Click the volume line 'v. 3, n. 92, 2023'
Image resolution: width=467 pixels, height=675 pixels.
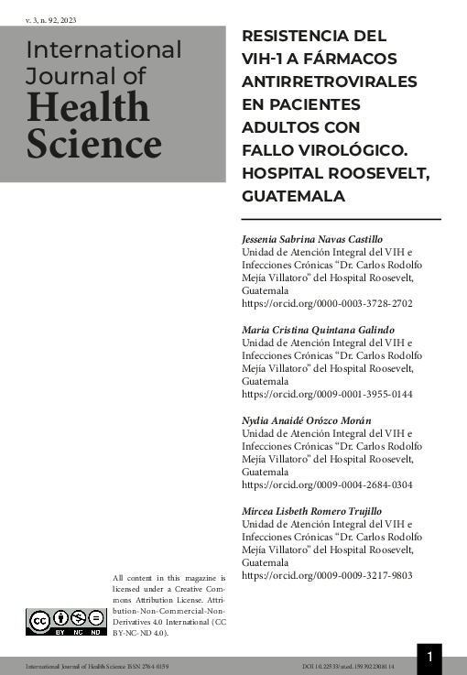[x=51, y=19]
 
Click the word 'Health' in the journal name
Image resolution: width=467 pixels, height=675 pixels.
[x=88, y=109]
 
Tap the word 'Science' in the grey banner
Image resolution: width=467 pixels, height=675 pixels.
[x=93, y=144]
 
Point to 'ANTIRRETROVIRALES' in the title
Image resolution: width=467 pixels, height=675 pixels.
[x=329, y=82]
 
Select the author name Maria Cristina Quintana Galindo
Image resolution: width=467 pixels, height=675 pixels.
[x=317, y=329]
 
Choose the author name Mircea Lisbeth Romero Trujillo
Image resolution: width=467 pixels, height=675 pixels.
[x=311, y=511]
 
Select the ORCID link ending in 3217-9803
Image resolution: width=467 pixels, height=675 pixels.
[x=326, y=575]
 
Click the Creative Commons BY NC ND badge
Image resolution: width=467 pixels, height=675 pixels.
[x=65, y=622]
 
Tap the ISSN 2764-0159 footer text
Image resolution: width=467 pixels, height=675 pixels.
[x=147, y=666]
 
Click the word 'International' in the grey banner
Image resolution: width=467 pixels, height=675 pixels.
[x=104, y=49]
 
